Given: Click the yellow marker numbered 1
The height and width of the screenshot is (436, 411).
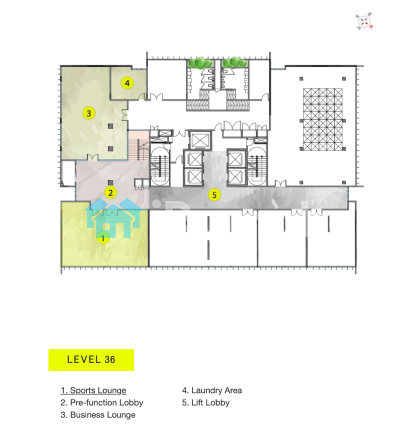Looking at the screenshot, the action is [103, 238].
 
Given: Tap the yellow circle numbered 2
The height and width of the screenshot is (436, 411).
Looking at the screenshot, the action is [111, 192].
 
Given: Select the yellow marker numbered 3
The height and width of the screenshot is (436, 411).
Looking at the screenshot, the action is [89, 113].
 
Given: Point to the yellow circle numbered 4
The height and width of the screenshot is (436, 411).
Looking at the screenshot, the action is [127, 83].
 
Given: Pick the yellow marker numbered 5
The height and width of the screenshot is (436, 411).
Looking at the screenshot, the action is [215, 195].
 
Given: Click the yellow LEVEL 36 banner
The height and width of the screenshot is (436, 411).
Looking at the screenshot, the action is [91, 360].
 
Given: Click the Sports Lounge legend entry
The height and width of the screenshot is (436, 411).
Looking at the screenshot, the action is [93, 390].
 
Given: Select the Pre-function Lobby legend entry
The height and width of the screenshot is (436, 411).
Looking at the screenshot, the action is [102, 403].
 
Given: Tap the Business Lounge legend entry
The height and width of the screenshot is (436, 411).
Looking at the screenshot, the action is [98, 415].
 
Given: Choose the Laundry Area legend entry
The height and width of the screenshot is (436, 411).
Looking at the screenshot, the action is [212, 390].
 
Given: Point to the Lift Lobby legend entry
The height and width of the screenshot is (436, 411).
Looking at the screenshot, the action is [206, 403].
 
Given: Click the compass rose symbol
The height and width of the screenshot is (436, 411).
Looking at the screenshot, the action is [364, 21].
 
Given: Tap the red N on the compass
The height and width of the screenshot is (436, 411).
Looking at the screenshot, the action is [371, 27].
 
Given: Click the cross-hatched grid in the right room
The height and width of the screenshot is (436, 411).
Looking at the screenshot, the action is [323, 120].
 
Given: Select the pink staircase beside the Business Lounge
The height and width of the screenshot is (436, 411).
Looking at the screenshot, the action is [138, 145].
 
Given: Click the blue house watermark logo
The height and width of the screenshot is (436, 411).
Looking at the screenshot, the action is [113, 219].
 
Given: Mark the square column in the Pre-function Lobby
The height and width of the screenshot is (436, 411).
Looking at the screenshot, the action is [111, 182].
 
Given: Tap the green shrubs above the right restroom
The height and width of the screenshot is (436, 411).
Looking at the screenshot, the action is [235, 63].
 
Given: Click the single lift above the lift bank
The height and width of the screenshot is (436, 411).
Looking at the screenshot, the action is [200, 140].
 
